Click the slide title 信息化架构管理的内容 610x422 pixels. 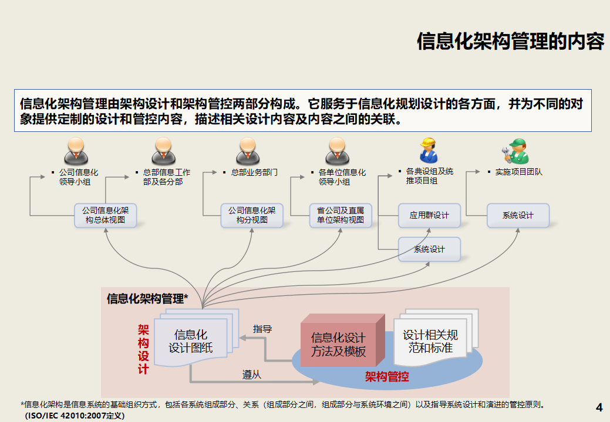click(x=510, y=42)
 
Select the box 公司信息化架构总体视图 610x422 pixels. click(x=106, y=215)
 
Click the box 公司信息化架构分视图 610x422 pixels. click(x=252, y=215)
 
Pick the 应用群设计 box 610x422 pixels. click(x=429, y=215)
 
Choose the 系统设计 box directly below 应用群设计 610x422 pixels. click(x=429, y=249)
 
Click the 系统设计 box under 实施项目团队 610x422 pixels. click(x=518, y=215)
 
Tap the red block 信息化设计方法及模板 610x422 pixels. click(x=339, y=345)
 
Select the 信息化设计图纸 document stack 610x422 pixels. click(x=191, y=341)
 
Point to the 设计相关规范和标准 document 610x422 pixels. click(x=430, y=341)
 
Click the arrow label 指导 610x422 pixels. click(x=262, y=329)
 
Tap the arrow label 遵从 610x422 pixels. click(x=252, y=375)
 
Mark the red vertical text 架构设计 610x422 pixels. click(x=143, y=349)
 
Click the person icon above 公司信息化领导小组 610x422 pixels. click(x=76, y=151)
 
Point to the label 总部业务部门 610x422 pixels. click(x=254, y=173)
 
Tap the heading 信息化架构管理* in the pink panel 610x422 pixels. click(x=147, y=299)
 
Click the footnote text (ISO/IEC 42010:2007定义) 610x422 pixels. click(x=74, y=416)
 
